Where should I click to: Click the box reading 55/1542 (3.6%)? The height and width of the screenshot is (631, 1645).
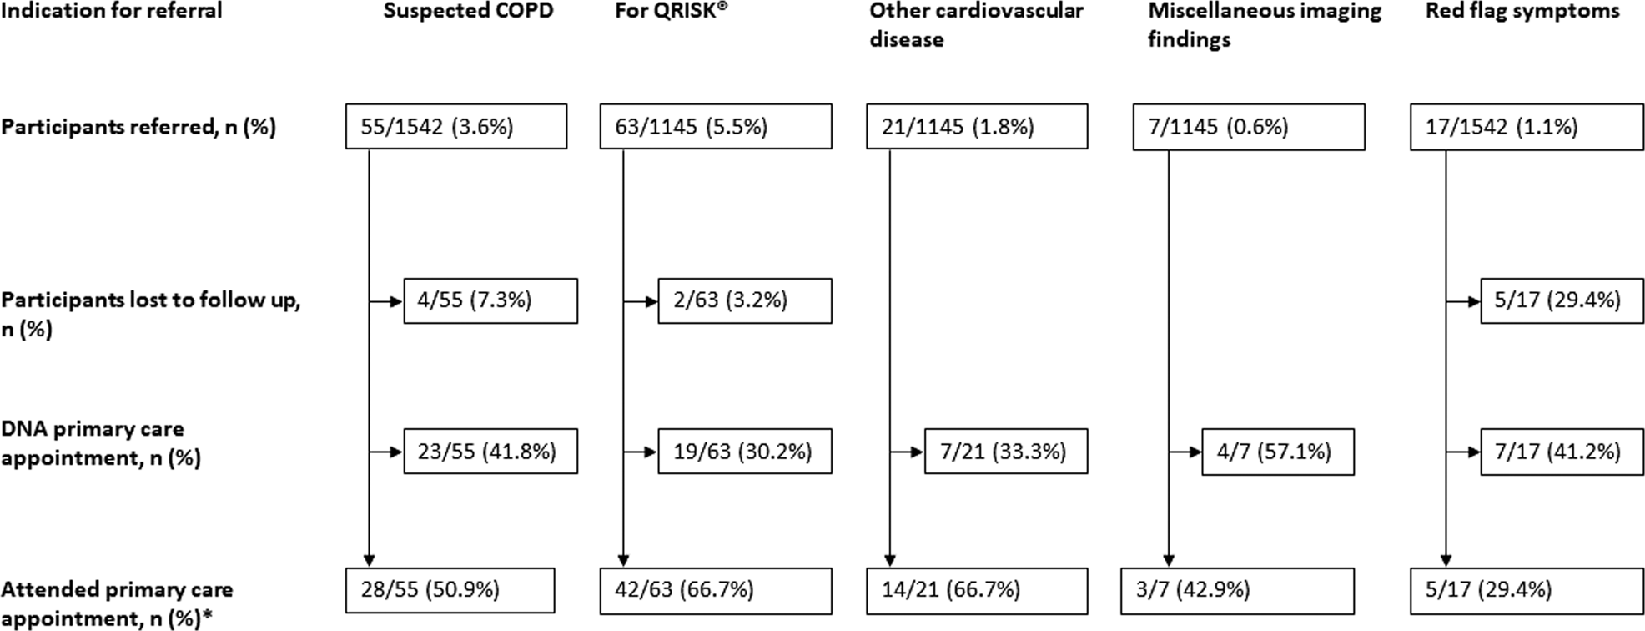coord(456,127)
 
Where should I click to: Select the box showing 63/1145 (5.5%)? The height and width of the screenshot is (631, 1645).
coord(715,127)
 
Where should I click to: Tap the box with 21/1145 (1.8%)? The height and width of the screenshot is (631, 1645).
coord(976,127)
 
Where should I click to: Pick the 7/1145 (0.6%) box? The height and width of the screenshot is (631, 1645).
coord(1248,127)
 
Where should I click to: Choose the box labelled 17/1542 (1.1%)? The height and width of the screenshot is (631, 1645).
coord(1526,127)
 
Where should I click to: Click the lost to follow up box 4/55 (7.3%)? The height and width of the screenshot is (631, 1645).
coord(490,300)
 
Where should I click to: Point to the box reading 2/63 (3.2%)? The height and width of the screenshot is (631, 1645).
coord(744,300)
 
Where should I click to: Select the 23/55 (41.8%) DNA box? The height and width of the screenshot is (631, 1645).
coord(490,452)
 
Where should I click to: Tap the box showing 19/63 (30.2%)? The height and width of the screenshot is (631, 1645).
coord(744,452)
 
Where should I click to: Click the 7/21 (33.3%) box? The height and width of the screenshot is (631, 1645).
coord(1005,452)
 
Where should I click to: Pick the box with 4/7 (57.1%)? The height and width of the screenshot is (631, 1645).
coord(1277,452)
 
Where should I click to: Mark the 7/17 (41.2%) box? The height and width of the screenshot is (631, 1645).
coord(1562,452)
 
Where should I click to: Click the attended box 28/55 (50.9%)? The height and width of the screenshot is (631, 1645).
coord(450,590)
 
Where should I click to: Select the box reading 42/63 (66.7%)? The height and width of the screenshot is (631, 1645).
coord(715,590)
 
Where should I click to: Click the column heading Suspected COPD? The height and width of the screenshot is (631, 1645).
coord(468,12)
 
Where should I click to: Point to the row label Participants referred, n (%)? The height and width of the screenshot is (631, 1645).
coord(138,127)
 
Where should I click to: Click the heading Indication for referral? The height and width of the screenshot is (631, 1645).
coord(112,12)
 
